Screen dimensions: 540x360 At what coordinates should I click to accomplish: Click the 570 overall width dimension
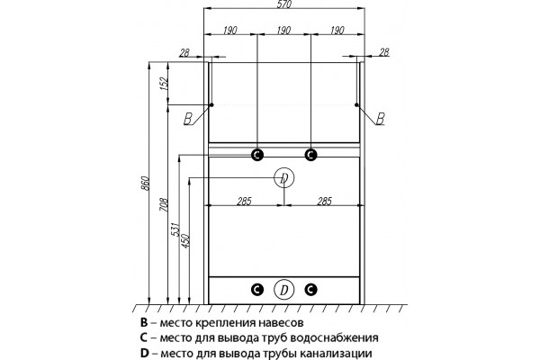coord(284,4)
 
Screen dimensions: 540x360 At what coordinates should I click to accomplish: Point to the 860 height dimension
coord(145,184)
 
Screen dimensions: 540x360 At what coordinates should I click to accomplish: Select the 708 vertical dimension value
coord(165,204)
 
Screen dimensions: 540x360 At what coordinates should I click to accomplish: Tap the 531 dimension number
coord(175,229)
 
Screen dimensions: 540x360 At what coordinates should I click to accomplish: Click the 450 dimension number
coord(185,241)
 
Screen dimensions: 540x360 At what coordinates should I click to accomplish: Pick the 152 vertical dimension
coord(164,84)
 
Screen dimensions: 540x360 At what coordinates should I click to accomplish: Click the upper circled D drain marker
coord(284,178)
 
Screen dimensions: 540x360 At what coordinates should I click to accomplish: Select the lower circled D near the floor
coord(284,290)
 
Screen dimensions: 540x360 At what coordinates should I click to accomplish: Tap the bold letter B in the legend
coord(144,323)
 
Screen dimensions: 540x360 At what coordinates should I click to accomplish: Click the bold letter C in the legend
coord(144,337)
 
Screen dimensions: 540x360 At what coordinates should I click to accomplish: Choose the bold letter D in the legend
coord(144,353)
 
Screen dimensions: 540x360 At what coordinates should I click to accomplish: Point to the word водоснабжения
coord(334,338)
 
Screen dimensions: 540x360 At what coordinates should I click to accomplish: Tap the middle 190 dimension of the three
coord(283,31)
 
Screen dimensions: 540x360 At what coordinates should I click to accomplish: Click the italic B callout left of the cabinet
coord(188,119)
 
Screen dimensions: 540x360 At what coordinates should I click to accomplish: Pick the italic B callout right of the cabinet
coord(380,119)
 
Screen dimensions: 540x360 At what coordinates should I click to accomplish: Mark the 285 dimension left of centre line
coord(244,202)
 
